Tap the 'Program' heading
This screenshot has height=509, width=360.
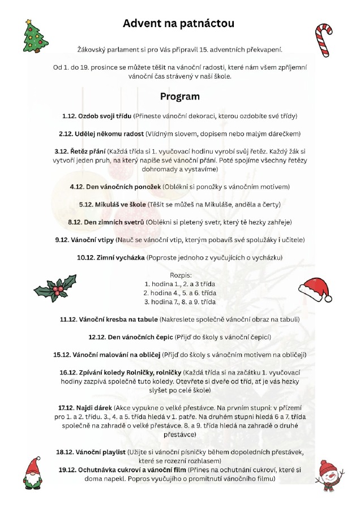(179, 96)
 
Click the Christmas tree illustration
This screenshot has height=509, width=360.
(35, 35)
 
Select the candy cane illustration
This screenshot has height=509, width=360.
(323, 40)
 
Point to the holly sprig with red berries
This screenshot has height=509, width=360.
(55, 287)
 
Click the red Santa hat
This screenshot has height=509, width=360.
(315, 288)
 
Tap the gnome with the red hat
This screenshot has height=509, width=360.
(35, 473)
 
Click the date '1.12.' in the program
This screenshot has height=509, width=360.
(70, 116)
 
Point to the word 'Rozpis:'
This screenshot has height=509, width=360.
(179, 274)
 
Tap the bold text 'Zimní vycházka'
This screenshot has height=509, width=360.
(117, 257)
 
